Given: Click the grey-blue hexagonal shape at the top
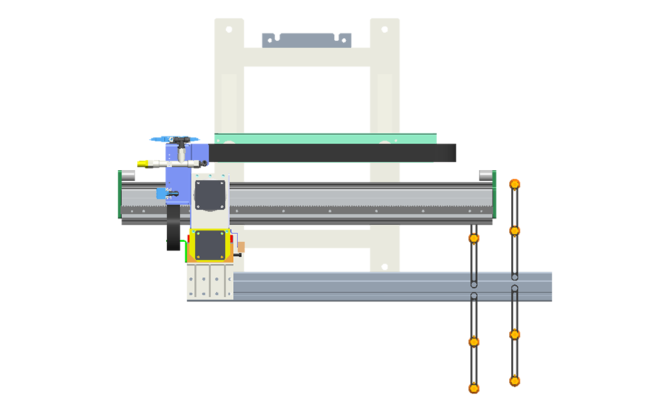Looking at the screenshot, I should (x=307, y=33).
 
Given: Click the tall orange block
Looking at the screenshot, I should (x=531, y=121).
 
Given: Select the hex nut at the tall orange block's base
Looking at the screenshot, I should (x=515, y=184).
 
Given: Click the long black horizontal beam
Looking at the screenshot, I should (x=322, y=153).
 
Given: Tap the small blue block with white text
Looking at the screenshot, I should (x=161, y=194).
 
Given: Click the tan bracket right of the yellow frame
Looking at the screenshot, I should (x=241, y=249).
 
